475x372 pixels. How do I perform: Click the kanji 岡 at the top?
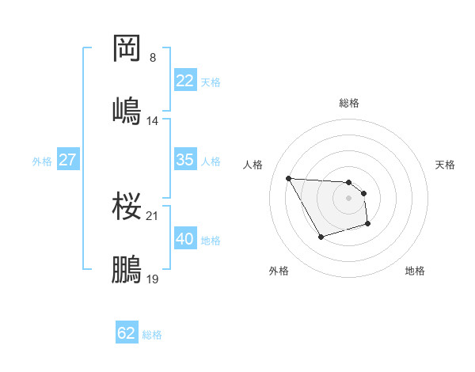127,48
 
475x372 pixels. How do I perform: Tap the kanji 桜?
127,206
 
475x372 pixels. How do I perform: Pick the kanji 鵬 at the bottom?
127,268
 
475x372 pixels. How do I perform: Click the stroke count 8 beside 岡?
153,58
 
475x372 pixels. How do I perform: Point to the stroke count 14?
153,120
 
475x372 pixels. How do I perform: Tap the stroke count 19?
153,279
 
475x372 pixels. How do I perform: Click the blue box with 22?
184,81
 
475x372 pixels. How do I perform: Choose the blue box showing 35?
184,160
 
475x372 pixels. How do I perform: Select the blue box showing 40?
184,239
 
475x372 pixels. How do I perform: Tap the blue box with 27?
67,160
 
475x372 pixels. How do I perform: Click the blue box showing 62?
127,333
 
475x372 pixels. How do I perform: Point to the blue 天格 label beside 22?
210,82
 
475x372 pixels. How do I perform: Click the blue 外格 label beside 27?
42,161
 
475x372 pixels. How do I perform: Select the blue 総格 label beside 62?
152,334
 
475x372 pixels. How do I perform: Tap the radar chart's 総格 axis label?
349,103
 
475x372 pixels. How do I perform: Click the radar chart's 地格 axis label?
415,271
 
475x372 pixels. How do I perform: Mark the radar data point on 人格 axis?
289,178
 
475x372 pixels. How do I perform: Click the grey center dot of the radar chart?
349,198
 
